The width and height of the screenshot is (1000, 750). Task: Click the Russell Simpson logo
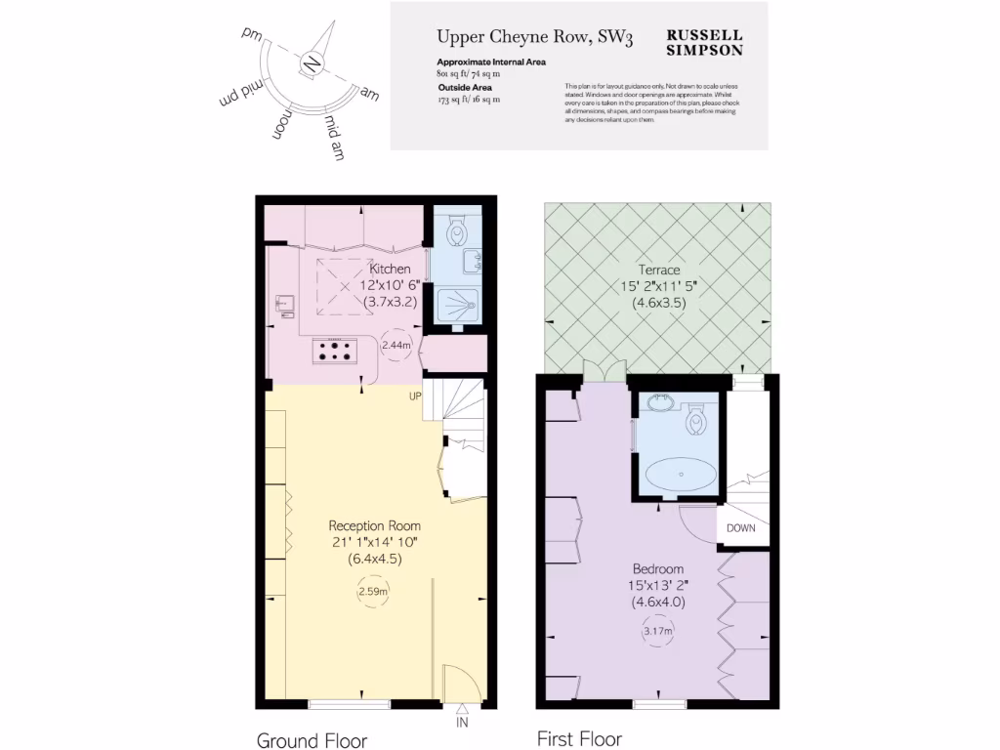[704, 41]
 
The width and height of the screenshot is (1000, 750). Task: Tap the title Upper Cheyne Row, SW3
[534, 38]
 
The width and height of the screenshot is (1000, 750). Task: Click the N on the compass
[312, 64]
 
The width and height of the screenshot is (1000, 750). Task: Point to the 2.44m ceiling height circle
[396, 345]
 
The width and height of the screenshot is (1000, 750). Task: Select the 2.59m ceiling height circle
[371, 592]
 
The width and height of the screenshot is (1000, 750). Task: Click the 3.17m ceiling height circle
[658, 633]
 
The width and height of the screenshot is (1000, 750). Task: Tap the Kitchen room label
[390, 270]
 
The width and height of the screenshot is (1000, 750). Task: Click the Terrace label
[658, 270]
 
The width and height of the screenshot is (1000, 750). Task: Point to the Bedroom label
[658, 568]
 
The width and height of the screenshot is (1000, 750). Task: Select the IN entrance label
[462, 724]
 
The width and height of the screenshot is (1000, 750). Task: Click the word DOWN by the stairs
[740, 528]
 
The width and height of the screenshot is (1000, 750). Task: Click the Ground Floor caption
[312, 740]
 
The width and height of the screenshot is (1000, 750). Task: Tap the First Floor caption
[579, 738]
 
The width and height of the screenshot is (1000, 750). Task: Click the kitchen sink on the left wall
[283, 305]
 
